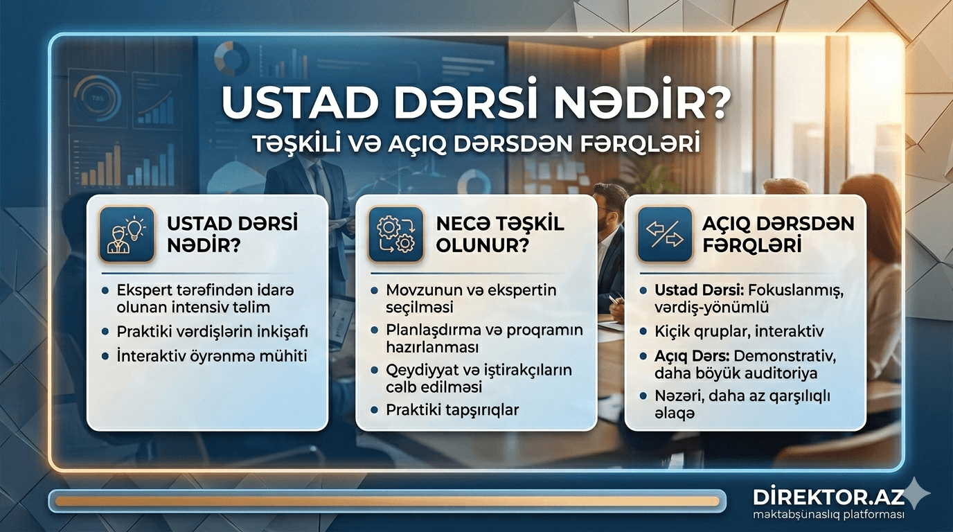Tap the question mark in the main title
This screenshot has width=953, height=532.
point(713,102)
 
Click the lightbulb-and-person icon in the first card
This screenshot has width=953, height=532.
point(127,233)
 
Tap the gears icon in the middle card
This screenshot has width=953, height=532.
point(395,233)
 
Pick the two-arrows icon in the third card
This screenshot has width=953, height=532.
point(665,233)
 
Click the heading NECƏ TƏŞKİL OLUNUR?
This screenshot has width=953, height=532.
point(499,233)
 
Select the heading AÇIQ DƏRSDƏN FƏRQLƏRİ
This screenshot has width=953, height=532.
point(778,233)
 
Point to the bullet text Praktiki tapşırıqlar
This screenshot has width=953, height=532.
point(452,409)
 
